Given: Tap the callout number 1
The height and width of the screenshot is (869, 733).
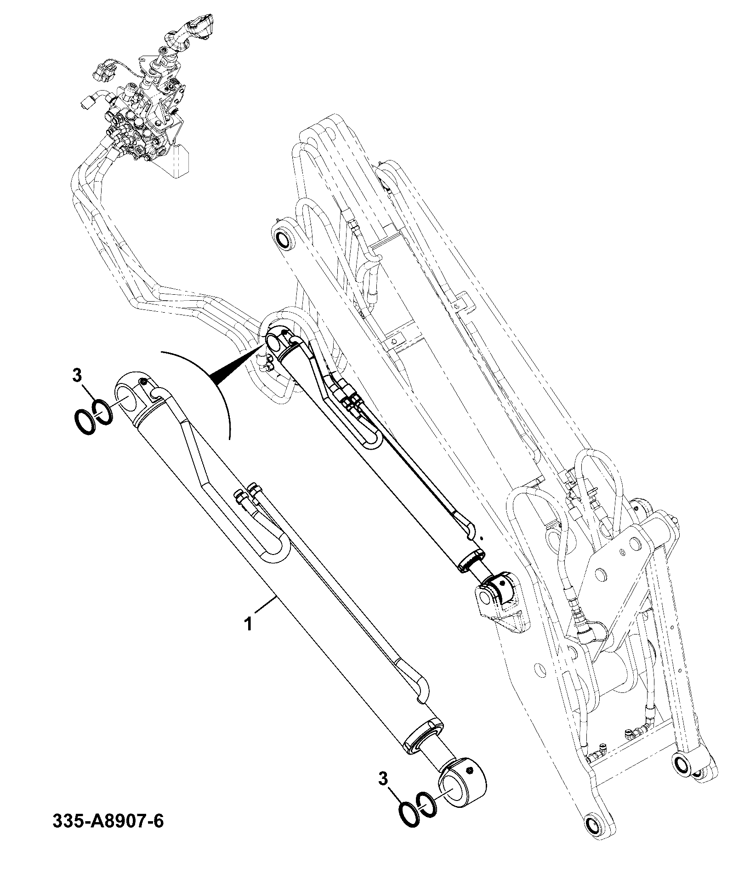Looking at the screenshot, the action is (x=248, y=624).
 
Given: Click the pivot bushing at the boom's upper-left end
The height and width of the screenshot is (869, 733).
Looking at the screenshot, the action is (x=282, y=239).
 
